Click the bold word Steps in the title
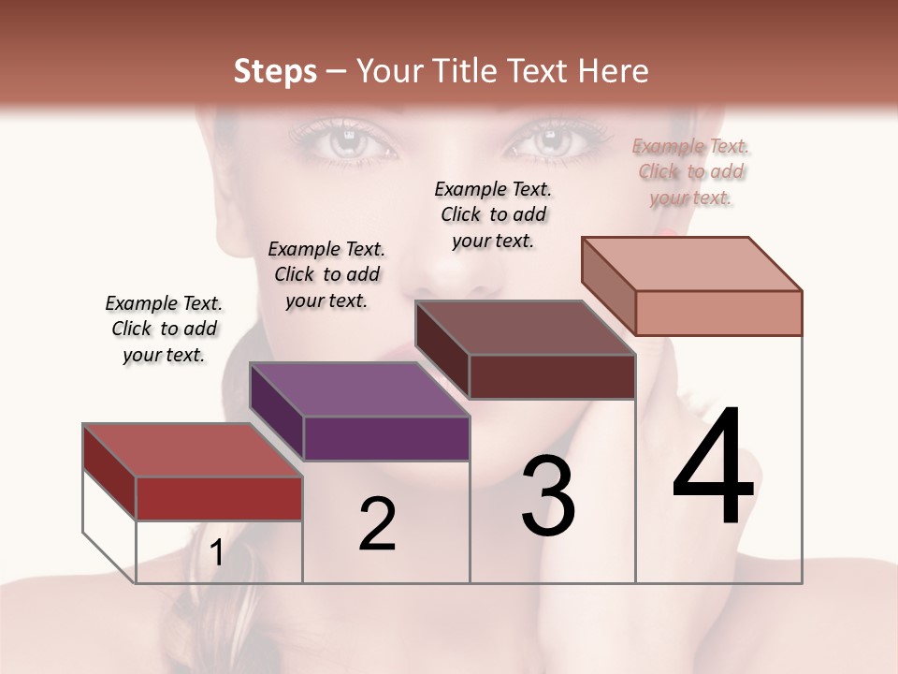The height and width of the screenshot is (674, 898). pyautogui.click(x=275, y=71)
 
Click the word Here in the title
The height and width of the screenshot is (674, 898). pyautogui.click(x=614, y=71)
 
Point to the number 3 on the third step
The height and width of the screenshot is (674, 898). pyautogui.click(x=548, y=496)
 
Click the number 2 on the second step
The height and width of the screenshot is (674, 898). pyautogui.click(x=377, y=524)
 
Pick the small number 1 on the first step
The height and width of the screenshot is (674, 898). pyautogui.click(x=217, y=553)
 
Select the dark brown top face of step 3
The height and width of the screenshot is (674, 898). pyautogui.click(x=525, y=329)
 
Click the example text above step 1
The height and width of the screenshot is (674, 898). pyautogui.click(x=164, y=329)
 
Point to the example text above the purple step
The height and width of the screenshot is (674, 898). pyautogui.click(x=326, y=274)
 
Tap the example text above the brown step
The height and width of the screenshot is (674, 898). pyautogui.click(x=493, y=214)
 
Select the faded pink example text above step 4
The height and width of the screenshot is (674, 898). pyautogui.click(x=691, y=171)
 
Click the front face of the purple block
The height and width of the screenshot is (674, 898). pyautogui.click(x=386, y=438)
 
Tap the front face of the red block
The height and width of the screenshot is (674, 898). pyautogui.click(x=219, y=498)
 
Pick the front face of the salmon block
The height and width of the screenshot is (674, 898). pyautogui.click(x=718, y=313)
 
